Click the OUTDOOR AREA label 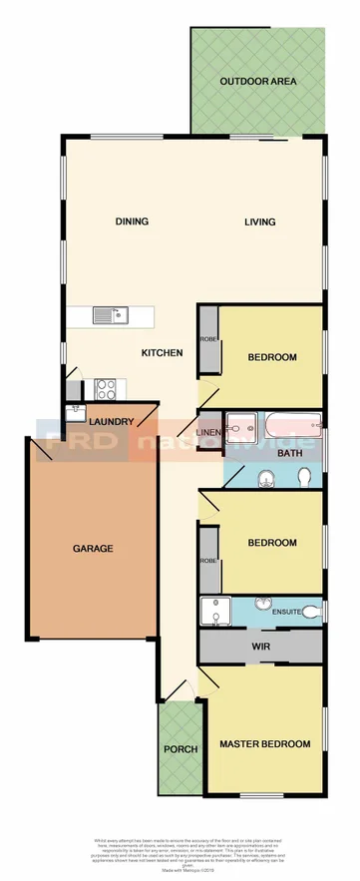click(258, 82)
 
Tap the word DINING click(132, 221)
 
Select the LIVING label click(260, 221)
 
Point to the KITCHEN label click(161, 352)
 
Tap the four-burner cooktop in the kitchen click(106, 387)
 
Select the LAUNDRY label click(111, 423)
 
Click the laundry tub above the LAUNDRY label click(77, 409)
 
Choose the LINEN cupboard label click(207, 432)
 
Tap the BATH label click(289, 454)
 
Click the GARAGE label click(93, 548)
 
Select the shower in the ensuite click(213, 610)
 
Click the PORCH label click(181, 749)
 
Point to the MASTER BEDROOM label click(265, 744)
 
